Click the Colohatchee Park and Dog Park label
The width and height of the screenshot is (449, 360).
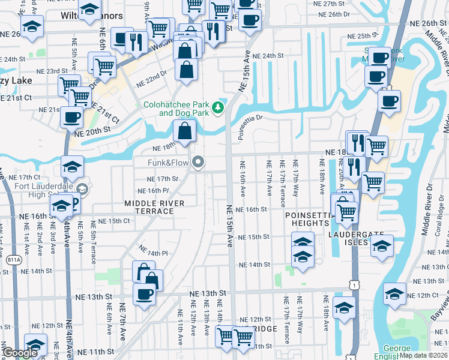[175, 109]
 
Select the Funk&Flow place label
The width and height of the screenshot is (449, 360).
[169, 163]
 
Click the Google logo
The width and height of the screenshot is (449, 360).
[19, 353]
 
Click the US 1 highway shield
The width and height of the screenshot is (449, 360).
[355, 286]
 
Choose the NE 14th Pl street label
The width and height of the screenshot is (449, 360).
[151, 252]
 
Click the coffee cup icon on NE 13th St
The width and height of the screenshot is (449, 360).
[145, 295]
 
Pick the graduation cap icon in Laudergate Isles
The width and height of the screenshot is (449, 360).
[381, 246]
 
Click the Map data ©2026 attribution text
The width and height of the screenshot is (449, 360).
[424, 355]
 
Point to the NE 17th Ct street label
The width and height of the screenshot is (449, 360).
[29, 178]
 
